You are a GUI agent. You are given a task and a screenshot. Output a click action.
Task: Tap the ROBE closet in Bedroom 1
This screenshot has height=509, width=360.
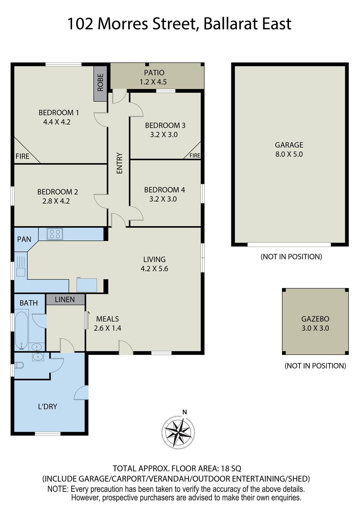(x=101, y=83)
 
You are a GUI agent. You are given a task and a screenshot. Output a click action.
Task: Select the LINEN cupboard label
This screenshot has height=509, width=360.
(x=65, y=299)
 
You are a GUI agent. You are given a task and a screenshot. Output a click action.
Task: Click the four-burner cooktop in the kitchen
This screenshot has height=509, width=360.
(x=55, y=234)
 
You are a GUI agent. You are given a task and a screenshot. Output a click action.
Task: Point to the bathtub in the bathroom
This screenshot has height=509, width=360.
(x=21, y=331)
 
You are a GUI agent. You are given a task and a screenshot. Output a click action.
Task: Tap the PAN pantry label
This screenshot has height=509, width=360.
(x=24, y=239)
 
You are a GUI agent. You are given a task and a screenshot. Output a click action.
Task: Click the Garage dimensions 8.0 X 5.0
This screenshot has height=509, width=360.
(x=289, y=154)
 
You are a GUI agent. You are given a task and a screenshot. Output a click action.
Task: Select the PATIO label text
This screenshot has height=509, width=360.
(x=154, y=73)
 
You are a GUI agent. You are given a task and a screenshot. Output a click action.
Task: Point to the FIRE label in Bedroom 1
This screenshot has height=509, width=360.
(x=22, y=156)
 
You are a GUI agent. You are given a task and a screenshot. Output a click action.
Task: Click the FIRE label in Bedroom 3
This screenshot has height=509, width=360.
(x=195, y=155)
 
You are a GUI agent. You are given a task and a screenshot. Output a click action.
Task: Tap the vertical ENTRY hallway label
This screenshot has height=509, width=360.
(x=120, y=163)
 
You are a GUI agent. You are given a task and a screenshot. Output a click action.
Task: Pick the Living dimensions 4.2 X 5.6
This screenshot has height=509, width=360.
(x=154, y=269)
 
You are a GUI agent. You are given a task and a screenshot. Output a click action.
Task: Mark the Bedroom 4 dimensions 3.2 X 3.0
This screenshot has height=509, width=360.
(x=163, y=199)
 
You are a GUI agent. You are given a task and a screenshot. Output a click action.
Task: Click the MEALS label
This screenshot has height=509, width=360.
(x=108, y=319)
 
